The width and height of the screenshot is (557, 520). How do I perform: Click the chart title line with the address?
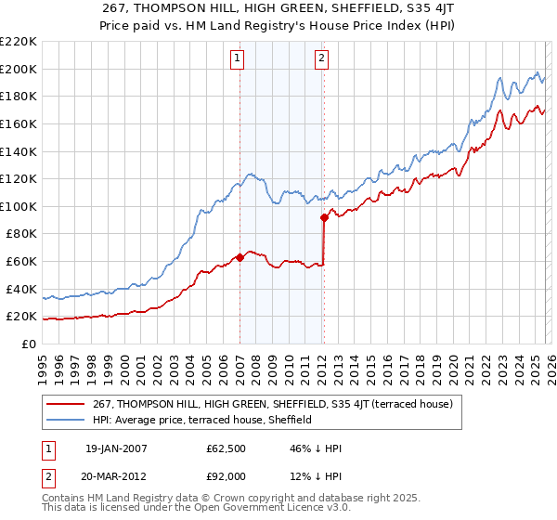(x=278, y=8)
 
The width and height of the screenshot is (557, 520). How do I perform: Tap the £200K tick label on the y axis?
(x=19, y=69)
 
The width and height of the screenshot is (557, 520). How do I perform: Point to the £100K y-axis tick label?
(x=19, y=206)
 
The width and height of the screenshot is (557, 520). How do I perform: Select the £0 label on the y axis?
(x=29, y=344)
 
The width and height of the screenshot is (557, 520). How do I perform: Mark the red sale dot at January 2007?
(x=240, y=257)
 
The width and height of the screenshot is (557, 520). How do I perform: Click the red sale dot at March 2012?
(x=324, y=217)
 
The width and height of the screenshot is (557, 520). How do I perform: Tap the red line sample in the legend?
(x=68, y=404)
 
